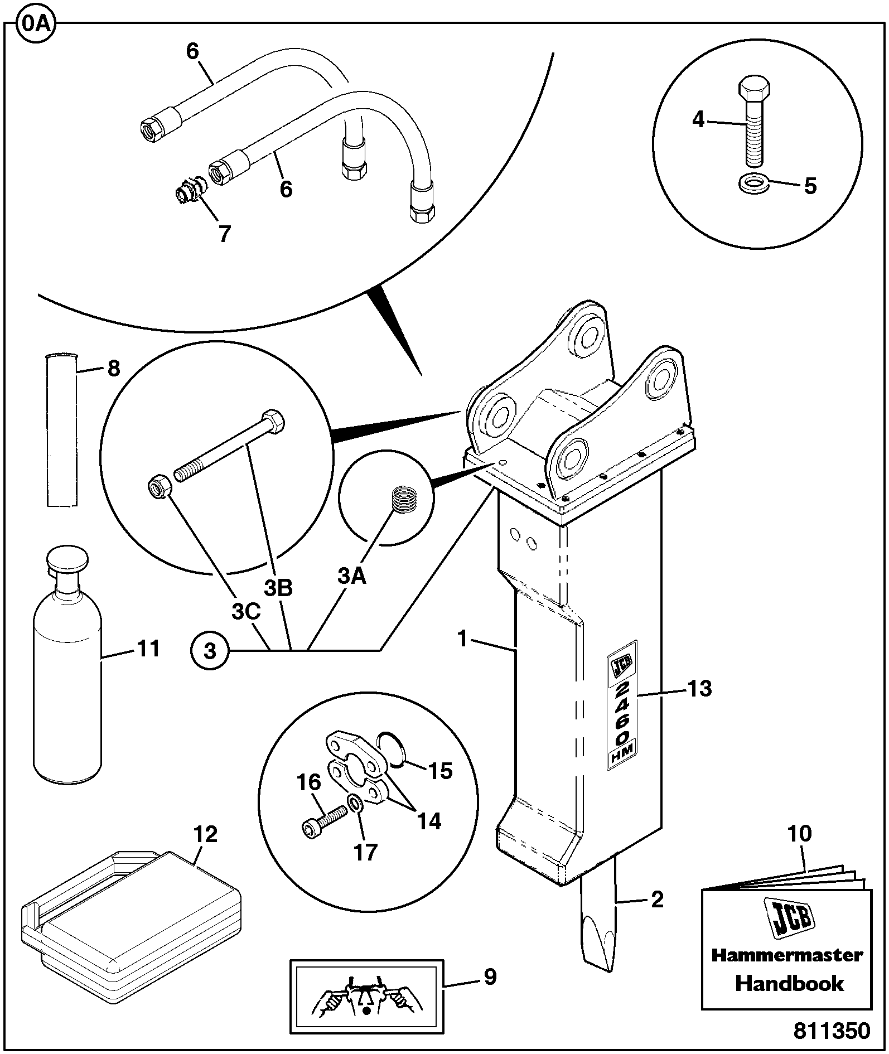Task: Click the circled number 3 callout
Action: tap(209, 650)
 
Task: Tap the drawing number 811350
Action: tap(832, 1031)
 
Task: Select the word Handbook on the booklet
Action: tap(789, 983)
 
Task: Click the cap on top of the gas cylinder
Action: tap(67, 559)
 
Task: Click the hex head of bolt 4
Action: tap(754, 88)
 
